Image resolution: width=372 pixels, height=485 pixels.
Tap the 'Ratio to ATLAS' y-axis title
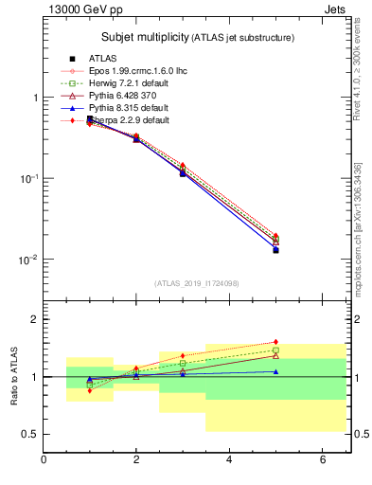[14, 376]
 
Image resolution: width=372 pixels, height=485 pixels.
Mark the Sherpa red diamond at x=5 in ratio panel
[275, 342]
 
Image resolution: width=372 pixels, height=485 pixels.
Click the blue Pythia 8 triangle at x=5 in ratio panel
[275, 371]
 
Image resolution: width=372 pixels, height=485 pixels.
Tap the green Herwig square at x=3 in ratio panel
[183, 363]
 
